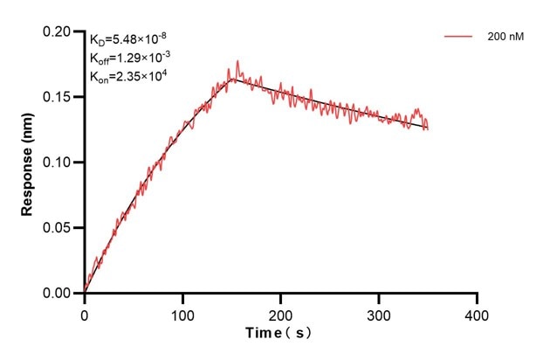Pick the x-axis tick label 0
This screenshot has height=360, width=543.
tap(85, 313)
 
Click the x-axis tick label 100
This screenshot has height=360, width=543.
tap(182, 313)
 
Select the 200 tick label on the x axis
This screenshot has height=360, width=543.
tap(281, 313)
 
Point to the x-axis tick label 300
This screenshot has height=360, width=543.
tap(379, 313)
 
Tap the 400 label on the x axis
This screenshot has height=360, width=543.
tap(477, 313)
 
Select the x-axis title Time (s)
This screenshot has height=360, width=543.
tap(279, 333)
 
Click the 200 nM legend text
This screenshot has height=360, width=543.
tap(505, 38)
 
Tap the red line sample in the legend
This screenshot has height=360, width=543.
tap(458, 38)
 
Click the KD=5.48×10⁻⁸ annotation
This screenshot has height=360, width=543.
tap(127, 39)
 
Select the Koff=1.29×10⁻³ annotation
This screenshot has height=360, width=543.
tap(129, 58)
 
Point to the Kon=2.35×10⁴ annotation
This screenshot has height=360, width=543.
tap(128, 76)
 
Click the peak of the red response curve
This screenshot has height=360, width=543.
tap(237, 62)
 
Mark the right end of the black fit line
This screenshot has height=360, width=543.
tap(428, 128)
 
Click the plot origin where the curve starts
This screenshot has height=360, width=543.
tap(85, 292)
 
